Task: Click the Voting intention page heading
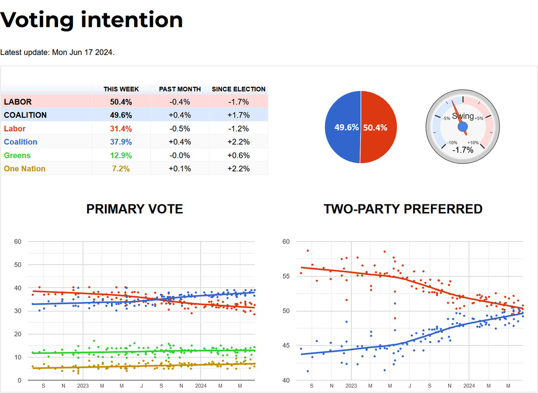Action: tap(91, 20)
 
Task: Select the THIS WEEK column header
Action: tap(121, 89)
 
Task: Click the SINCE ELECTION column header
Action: tap(238, 89)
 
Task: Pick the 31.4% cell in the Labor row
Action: tap(121, 129)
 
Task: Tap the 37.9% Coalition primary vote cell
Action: tap(121, 142)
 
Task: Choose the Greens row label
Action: tap(17, 156)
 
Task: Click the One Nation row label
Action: tap(25, 169)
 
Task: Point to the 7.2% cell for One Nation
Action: tap(121, 169)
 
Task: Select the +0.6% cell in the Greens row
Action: tap(238, 156)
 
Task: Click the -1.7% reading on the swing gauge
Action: tap(463, 150)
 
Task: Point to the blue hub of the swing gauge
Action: tap(463, 126)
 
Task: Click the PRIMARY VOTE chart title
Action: tap(134, 209)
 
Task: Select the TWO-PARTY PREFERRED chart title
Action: tap(403, 209)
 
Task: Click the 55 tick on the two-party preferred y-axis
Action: tap(286, 276)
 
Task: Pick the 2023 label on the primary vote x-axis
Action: tap(83, 386)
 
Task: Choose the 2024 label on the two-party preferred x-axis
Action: tap(469, 386)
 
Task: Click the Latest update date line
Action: tap(58, 52)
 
